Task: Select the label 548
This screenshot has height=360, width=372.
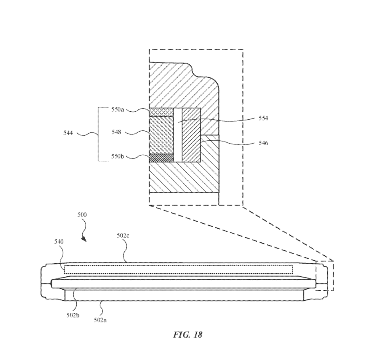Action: (x=116, y=132)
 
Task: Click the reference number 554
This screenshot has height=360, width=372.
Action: (x=264, y=118)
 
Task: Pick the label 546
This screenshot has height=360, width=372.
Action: (x=264, y=143)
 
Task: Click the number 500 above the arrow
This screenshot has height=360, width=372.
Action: (x=82, y=215)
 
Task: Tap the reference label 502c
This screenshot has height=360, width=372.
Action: (x=124, y=236)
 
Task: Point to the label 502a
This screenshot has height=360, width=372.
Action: (x=100, y=320)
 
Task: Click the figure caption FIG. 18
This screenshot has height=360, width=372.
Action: (x=188, y=334)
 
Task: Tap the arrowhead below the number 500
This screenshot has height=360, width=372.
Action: (x=84, y=239)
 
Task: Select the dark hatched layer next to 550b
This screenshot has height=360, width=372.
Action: (x=161, y=158)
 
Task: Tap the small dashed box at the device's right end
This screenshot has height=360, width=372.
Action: (x=324, y=276)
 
